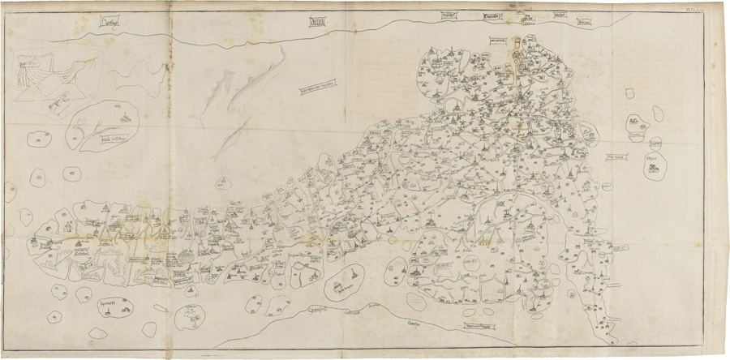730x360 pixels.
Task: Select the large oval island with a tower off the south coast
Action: pos(346,281)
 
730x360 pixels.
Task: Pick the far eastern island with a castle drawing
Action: pos(654,168)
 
